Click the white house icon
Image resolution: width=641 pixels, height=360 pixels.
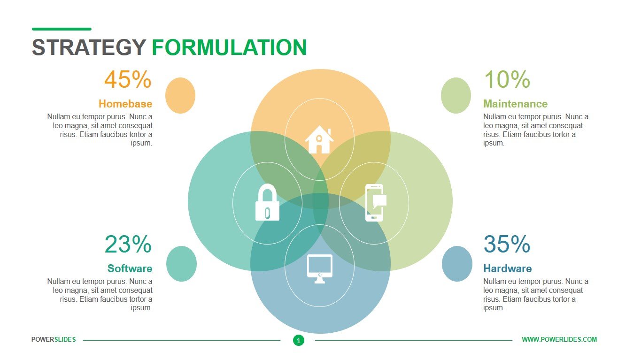[319, 139]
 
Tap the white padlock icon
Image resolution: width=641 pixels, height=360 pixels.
[267, 202]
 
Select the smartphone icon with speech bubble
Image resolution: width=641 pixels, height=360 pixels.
[375, 202]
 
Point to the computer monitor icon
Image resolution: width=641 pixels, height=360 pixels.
[319, 268]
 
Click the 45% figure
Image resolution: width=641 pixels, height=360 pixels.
[128, 80]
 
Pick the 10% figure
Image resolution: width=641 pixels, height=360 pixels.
[507, 80]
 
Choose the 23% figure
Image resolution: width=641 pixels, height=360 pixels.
[128, 245]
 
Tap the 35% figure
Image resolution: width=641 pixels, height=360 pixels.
[507, 245]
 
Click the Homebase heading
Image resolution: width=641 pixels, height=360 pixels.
[125, 104]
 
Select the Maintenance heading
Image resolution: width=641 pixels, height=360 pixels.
[515, 104]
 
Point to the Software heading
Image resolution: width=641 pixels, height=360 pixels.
[130, 268]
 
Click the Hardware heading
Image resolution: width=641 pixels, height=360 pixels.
[507, 268]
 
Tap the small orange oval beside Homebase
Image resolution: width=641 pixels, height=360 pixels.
[180, 95]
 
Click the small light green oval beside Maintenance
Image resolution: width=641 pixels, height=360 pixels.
[456, 95]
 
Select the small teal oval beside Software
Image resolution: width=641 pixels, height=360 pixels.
[181, 264]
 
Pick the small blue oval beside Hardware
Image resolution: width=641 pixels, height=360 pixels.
[457, 264]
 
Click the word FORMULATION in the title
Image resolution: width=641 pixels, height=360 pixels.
[229, 48]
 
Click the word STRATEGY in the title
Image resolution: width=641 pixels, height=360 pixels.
[89, 48]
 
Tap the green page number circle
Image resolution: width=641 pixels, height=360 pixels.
[299, 340]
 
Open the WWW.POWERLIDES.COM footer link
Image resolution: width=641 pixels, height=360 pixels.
[559, 339]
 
